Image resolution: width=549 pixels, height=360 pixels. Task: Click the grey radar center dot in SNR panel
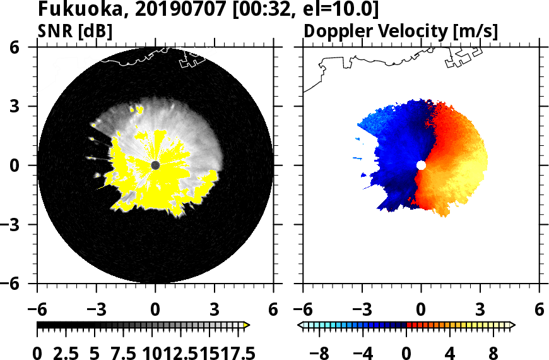click(x=155, y=165)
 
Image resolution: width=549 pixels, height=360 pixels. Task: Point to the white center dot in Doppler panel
click(x=421, y=165)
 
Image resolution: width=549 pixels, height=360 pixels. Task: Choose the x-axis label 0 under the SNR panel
click(x=155, y=310)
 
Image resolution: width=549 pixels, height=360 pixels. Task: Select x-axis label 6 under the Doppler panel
click(x=539, y=310)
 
